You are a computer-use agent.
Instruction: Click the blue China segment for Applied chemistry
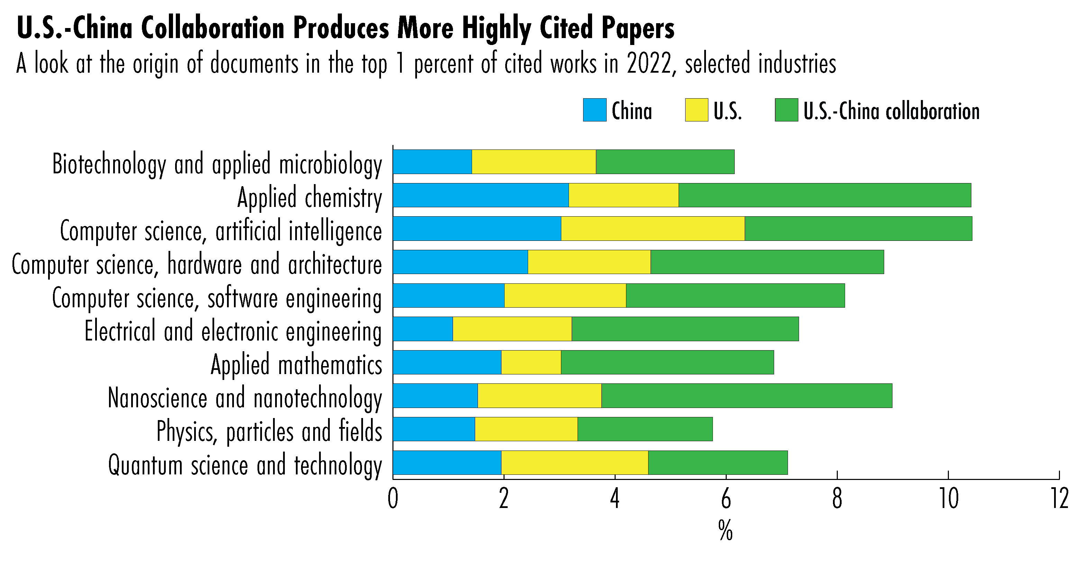(x=480, y=195)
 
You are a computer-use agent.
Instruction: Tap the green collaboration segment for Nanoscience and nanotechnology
(x=746, y=396)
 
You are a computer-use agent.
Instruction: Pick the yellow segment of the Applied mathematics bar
(x=531, y=362)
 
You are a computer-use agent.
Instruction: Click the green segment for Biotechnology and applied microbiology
(x=665, y=162)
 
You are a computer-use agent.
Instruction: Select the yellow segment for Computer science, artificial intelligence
(x=653, y=229)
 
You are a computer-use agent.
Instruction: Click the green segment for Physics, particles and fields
(x=645, y=429)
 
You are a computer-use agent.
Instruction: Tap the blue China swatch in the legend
(x=595, y=110)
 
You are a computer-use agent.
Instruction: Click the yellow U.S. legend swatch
(x=696, y=110)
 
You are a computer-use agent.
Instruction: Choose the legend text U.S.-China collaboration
(x=891, y=111)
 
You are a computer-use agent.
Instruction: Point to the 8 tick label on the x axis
(x=837, y=499)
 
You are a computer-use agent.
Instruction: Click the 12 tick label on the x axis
(x=1060, y=499)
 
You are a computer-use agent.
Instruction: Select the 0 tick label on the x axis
(x=393, y=499)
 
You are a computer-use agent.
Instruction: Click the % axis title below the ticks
(x=725, y=531)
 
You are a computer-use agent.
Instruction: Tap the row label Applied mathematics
(x=296, y=365)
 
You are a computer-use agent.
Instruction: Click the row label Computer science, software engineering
(x=217, y=298)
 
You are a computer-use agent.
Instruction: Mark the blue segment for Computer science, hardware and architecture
(x=460, y=262)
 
